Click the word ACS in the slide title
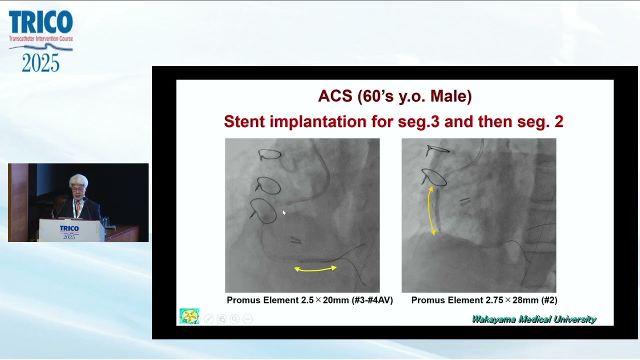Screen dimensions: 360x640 [335, 96]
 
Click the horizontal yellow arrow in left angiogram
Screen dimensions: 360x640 [315, 269]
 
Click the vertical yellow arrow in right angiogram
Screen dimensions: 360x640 [431, 210]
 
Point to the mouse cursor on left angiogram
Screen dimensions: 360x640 [284, 213]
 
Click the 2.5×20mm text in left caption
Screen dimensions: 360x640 [324, 300]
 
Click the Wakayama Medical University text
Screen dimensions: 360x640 [534, 319]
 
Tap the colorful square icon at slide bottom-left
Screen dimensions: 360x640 [189, 316]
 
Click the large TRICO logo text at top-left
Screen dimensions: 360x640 [40, 22]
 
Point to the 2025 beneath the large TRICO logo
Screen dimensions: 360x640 [40, 63]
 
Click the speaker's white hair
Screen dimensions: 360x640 [78, 180]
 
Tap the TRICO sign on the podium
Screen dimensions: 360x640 [69, 229]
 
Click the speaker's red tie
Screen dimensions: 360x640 [78, 206]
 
